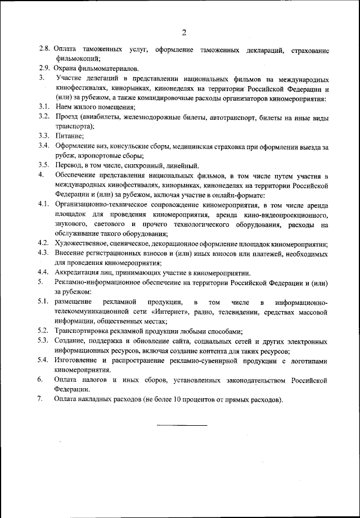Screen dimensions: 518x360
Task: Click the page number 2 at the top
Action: (x=183, y=31)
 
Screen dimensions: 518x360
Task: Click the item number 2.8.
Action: (x=46, y=50)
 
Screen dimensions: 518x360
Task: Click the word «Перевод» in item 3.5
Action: (x=70, y=165)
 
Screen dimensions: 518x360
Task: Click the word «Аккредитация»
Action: (x=78, y=272)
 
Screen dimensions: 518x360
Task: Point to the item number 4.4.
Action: (x=46, y=272)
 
